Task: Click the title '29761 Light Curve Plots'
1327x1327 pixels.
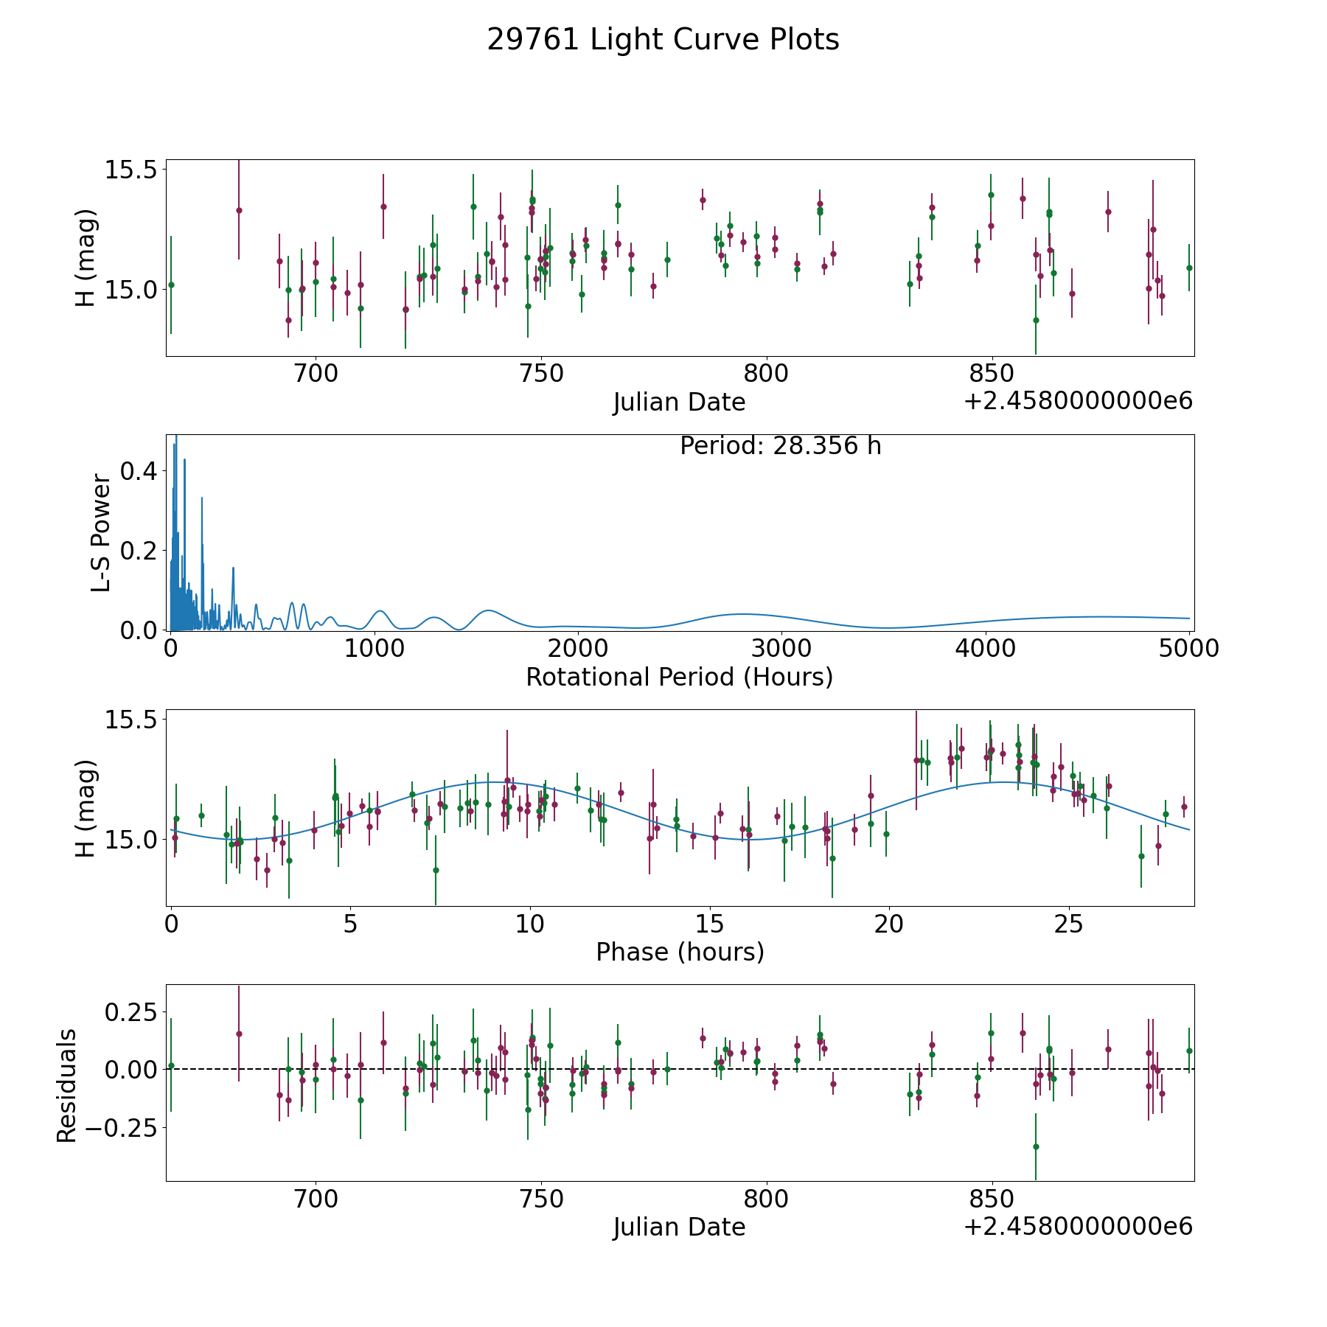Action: click(663, 40)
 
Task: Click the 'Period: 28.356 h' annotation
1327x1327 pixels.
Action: click(780, 446)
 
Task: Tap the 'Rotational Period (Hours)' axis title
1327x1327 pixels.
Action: click(679, 677)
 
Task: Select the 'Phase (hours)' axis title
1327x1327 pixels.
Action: click(680, 952)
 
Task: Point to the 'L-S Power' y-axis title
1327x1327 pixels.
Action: click(101, 533)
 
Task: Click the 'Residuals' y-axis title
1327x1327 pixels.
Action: click(66, 1085)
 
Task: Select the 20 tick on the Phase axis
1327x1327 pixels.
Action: click(889, 924)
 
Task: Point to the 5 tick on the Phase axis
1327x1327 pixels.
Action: click(350, 924)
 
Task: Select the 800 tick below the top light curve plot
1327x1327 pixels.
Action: click(767, 374)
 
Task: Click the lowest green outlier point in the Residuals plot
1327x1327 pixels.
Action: click(1036, 1146)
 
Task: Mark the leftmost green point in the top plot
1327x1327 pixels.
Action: click(171, 285)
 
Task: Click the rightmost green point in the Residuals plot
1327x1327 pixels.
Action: click(1189, 1051)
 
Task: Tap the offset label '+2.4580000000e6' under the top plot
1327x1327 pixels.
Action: click(1078, 401)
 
